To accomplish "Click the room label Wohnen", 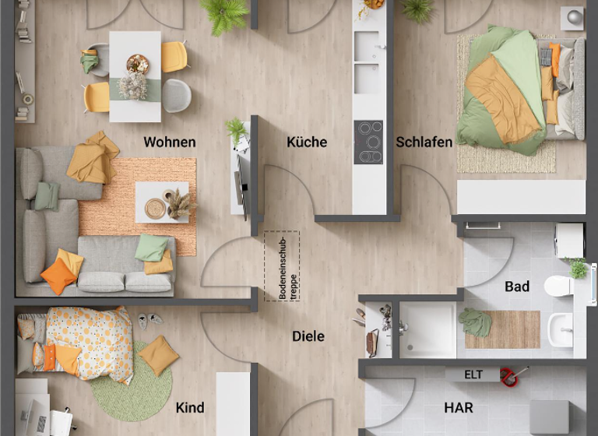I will (x=170, y=142).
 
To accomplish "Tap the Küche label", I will (x=307, y=142).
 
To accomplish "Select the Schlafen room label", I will (x=424, y=142).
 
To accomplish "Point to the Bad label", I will (x=517, y=287).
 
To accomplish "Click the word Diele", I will (x=308, y=336).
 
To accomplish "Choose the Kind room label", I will (x=190, y=407).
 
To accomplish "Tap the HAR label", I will (x=459, y=407).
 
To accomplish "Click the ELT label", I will (x=473, y=374).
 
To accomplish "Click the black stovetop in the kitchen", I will (x=368, y=142).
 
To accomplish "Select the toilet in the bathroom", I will (x=558, y=287).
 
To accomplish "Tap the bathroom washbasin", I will (x=561, y=329).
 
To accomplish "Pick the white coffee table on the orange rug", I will (x=162, y=202).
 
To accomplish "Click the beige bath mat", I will (x=502, y=329).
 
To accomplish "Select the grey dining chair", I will (x=177, y=95).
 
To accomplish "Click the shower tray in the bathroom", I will (x=427, y=329).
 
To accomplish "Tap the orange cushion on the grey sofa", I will (x=58, y=276).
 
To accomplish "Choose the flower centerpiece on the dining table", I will (x=133, y=85).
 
